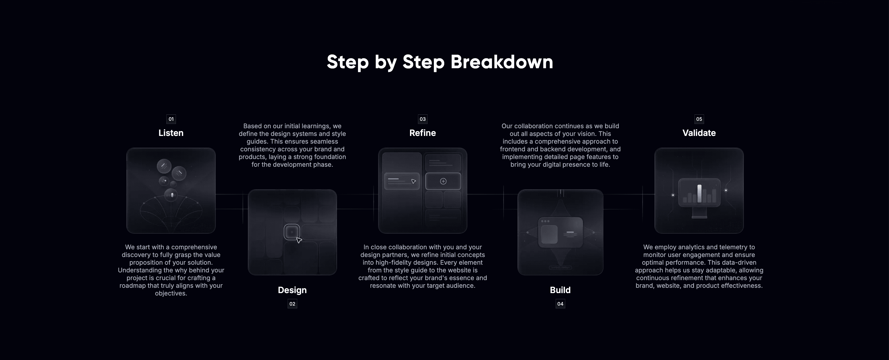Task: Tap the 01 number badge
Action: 171,119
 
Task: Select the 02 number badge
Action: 292,304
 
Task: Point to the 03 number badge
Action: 422,119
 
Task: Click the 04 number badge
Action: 560,304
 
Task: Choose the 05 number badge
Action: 699,119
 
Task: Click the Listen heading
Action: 171,133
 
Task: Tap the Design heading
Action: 292,290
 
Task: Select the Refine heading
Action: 422,133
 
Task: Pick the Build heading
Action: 560,290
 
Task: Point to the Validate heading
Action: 699,133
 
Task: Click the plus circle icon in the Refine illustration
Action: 443,181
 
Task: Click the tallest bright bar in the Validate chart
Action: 699,194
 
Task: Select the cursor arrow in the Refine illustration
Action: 413,181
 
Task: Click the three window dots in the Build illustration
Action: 545,221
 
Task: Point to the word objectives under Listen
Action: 171,293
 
